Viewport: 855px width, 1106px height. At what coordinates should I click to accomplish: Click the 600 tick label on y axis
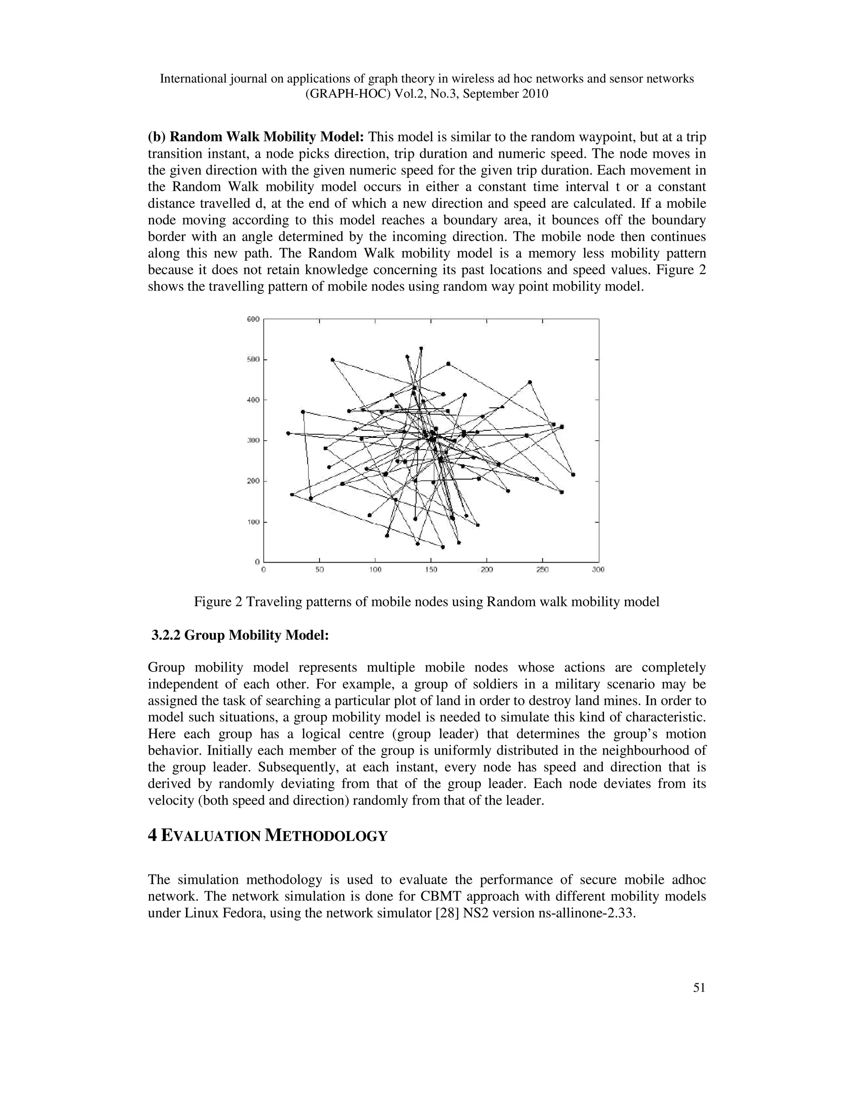click(x=253, y=319)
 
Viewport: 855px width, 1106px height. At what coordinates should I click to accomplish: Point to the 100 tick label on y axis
click(x=253, y=522)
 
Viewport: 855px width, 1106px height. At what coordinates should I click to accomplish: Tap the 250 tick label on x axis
click(x=542, y=570)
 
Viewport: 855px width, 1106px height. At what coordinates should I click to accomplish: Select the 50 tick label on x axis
click(x=320, y=570)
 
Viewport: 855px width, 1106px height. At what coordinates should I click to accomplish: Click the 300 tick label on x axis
click(x=598, y=570)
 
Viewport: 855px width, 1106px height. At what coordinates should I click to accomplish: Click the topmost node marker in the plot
click(x=421, y=348)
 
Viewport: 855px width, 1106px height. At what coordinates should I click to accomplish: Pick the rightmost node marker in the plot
click(x=573, y=475)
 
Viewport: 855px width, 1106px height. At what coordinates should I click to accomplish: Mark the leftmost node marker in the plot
click(x=288, y=433)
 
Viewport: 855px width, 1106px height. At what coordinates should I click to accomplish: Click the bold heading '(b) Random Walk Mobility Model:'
click(x=256, y=137)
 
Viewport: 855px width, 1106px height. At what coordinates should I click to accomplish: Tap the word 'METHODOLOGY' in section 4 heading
click(x=326, y=836)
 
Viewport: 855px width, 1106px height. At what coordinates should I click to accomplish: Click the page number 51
click(x=699, y=988)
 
